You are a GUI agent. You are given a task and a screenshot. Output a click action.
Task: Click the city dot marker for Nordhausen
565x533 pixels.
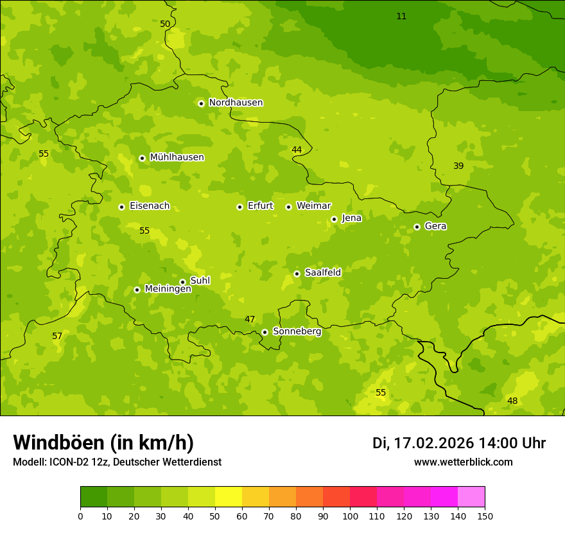point(201,103)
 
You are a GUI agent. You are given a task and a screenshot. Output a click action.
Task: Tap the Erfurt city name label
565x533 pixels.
point(260,206)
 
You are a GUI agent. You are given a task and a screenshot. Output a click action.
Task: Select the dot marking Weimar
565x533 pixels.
point(288,207)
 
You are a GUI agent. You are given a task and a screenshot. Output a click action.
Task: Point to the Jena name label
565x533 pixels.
point(351,218)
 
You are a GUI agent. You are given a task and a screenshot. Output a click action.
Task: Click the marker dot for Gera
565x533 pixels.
point(417,227)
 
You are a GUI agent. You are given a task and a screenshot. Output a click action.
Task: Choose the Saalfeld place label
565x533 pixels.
point(322,273)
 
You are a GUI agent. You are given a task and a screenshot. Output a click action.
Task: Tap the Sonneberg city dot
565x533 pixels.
point(265,332)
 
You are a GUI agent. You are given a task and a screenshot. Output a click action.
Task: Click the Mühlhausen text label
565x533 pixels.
point(177,157)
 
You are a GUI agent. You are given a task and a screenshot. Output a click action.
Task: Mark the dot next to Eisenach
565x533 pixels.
point(121,207)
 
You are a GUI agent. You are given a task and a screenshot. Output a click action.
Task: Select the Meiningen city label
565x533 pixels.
point(168,290)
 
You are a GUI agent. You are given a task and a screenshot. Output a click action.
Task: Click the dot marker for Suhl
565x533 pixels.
point(182,282)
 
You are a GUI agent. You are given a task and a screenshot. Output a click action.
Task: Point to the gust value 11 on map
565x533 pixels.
point(401,17)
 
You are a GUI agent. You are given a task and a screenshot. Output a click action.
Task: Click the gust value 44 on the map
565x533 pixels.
point(297,150)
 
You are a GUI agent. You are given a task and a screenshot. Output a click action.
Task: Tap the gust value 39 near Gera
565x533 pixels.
point(458,166)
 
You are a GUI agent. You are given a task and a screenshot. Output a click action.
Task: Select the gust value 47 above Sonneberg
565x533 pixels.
point(250,320)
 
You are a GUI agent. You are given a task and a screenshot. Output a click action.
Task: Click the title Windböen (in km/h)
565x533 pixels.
point(103,442)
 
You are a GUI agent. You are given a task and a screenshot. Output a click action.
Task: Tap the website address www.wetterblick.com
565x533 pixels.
point(463,462)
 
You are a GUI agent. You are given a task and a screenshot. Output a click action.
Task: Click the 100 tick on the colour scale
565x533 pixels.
point(350,516)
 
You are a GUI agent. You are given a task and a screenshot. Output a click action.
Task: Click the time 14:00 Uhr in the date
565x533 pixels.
point(512,443)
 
